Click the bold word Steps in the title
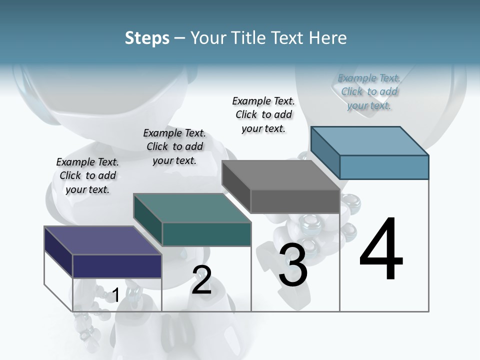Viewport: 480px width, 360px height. pos(147,38)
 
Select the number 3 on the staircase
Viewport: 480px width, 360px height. pos(293,265)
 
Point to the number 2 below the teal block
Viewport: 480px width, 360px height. pos(201,280)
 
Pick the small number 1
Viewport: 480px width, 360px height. pos(115,295)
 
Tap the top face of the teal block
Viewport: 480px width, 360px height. pos(192,207)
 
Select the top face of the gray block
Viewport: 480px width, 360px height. pos(281,174)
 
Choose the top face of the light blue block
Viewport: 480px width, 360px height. pos(370,140)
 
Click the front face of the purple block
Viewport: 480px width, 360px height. pos(117,266)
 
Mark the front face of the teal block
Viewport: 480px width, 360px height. pos(206,234)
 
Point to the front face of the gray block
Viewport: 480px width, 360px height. pos(295,201)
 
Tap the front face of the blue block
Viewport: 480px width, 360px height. pos(384,167)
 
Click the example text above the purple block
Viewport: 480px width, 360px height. pos(87,175)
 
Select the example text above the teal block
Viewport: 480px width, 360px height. pos(174,146)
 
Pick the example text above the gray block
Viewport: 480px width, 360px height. pos(263,114)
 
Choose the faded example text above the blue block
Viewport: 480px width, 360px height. pos(369,91)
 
